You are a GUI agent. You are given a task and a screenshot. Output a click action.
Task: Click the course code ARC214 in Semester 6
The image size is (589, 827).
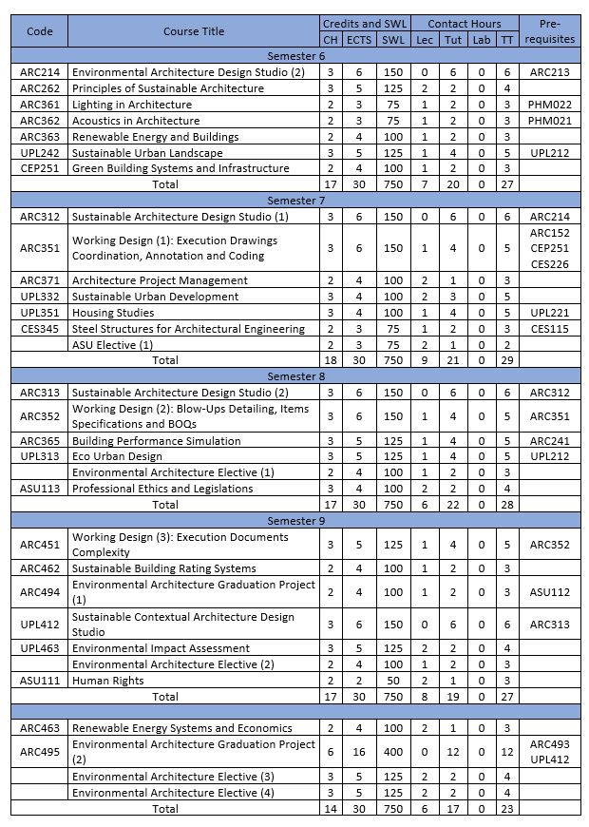pyautogui.click(x=39, y=72)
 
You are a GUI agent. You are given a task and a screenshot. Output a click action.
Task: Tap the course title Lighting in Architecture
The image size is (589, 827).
pyautogui.click(x=131, y=105)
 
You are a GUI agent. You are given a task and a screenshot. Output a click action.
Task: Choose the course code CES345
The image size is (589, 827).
pyautogui.click(x=39, y=329)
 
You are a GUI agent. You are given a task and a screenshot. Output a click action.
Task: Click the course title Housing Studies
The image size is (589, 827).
pyautogui.click(x=113, y=313)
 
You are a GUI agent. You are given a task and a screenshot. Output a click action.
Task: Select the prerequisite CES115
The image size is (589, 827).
pyautogui.click(x=550, y=329)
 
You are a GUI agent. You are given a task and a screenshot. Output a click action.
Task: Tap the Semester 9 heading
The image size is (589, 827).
pyautogui.click(x=295, y=521)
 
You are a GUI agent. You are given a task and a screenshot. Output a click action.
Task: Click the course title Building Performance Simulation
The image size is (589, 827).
pyautogui.click(x=156, y=441)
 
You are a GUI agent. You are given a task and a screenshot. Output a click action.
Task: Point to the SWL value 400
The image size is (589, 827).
pyautogui.click(x=391, y=752)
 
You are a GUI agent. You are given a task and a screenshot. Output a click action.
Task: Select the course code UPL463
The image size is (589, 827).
pyautogui.click(x=39, y=648)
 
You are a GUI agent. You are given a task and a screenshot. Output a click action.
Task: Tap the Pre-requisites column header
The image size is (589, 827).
pyautogui.click(x=550, y=31)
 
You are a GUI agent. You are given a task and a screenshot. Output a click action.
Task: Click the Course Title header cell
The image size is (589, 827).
pyautogui.click(x=194, y=31)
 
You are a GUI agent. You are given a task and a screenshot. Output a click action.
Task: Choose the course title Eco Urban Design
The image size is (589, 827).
pyautogui.click(x=117, y=457)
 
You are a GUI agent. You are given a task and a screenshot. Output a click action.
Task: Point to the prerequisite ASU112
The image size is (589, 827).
pyautogui.click(x=550, y=592)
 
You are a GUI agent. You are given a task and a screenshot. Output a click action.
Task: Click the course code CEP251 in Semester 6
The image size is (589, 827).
pyautogui.click(x=39, y=169)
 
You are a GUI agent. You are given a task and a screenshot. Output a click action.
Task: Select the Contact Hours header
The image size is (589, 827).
pyautogui.click(x=465, y=24)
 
